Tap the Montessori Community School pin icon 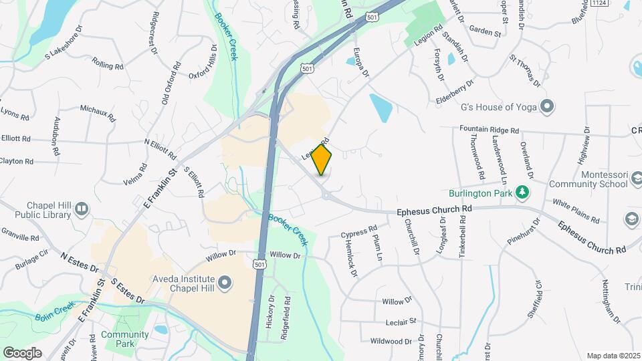coord(632,219)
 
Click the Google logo coord(22,352)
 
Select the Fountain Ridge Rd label coord(489,130)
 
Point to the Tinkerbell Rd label coord(462,238)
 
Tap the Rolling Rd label coord(108,66)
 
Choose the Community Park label coord(124,339)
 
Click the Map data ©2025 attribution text coord(613,356)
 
